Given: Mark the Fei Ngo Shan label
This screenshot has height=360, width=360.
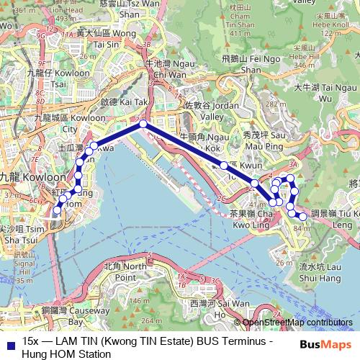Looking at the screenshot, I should [241, 66].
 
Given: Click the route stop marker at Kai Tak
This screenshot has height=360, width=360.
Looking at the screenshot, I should [143, 125].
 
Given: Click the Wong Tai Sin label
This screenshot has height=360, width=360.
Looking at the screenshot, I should [115, 38].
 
